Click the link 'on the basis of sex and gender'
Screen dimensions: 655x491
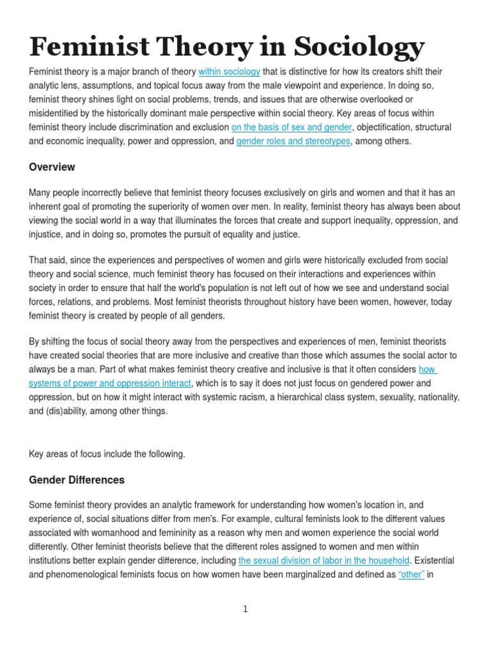292,127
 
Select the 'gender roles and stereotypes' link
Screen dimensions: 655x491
293,141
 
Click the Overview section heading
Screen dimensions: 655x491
52,167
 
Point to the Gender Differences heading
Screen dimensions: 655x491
77,480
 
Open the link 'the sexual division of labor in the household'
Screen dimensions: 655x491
323,561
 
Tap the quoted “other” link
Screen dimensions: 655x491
411,575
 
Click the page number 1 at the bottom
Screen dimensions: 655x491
245,610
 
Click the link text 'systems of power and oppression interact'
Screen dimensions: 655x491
110,383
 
